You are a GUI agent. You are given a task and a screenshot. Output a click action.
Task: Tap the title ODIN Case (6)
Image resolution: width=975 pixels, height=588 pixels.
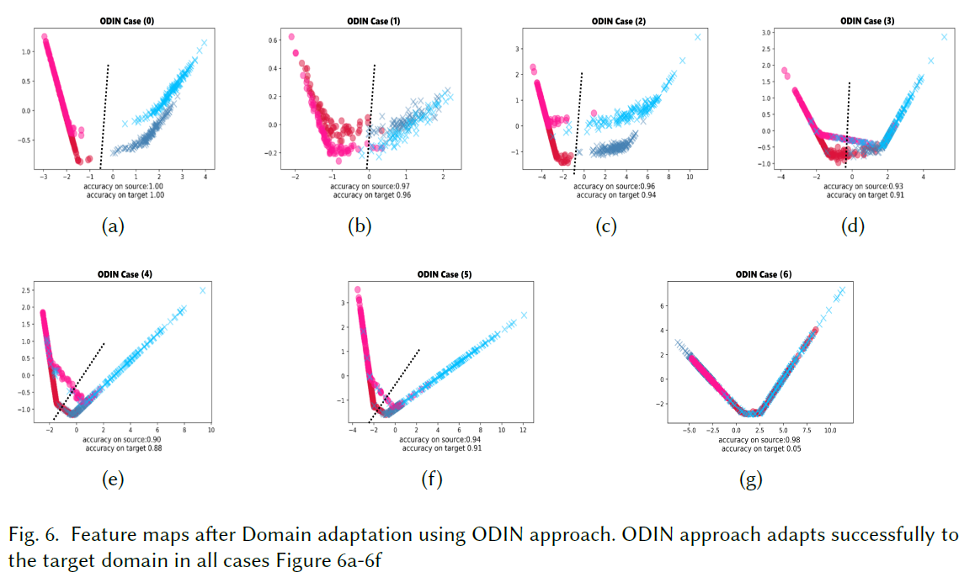763,274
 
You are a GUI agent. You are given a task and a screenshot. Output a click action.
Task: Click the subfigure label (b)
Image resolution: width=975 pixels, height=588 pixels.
359,226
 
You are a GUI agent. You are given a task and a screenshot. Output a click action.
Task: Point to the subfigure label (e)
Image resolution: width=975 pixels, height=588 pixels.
112,480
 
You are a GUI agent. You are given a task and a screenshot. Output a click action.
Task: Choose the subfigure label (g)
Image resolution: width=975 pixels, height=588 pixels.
749,480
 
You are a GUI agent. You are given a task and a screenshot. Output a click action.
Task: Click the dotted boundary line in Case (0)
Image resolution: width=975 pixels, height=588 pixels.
105,109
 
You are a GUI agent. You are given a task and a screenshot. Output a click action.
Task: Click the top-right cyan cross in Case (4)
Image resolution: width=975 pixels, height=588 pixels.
202,290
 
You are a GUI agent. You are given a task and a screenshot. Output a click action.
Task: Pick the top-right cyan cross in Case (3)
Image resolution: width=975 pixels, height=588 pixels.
944,37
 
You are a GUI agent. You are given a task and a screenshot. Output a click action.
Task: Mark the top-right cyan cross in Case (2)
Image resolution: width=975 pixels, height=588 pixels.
697,37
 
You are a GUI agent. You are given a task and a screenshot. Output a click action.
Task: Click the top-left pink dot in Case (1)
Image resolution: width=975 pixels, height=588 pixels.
291,37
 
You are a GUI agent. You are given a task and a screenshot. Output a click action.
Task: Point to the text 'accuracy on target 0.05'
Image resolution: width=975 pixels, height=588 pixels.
761,448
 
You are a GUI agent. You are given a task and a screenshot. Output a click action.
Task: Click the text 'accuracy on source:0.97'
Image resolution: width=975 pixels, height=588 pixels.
370,186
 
